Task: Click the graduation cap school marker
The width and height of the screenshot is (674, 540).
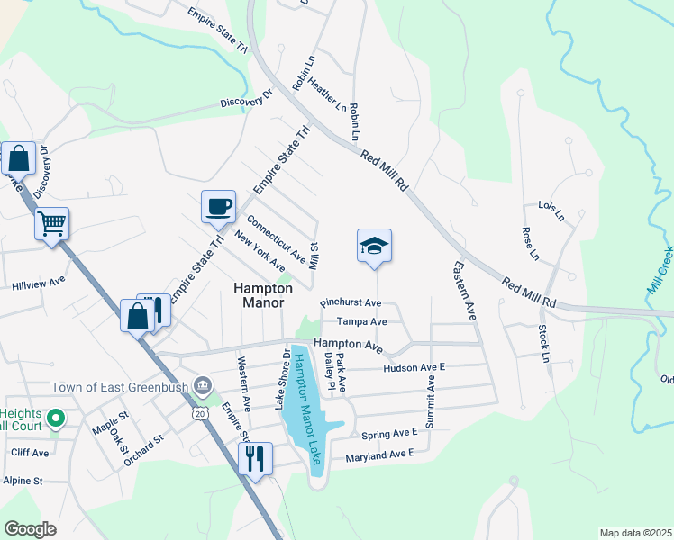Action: [x=374, y=246]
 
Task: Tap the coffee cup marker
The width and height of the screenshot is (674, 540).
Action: [x=218, y=207]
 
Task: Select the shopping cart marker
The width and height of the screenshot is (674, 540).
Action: [x=51, y=223]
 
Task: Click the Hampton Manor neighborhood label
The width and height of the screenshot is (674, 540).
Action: [x=263, y=295]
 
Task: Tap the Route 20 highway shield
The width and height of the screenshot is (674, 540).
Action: [x=199, y=411]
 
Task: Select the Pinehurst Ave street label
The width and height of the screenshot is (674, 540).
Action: [x=351, y=303]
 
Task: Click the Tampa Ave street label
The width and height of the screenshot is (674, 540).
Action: [x=361, y=321]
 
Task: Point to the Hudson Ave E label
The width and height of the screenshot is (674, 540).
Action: [x=414, y=368]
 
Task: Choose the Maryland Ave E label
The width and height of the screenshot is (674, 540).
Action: [x=379, y=457]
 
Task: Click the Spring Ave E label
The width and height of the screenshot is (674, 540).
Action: [x=389, y=434]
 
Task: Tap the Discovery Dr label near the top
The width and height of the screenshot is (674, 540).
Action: [x=246, y=99]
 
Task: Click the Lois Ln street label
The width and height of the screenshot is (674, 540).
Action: [x=550, y=211]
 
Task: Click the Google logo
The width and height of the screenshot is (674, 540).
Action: [x=30, y=529]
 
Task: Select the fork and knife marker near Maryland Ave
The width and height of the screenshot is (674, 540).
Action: [x=255, y=459]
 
